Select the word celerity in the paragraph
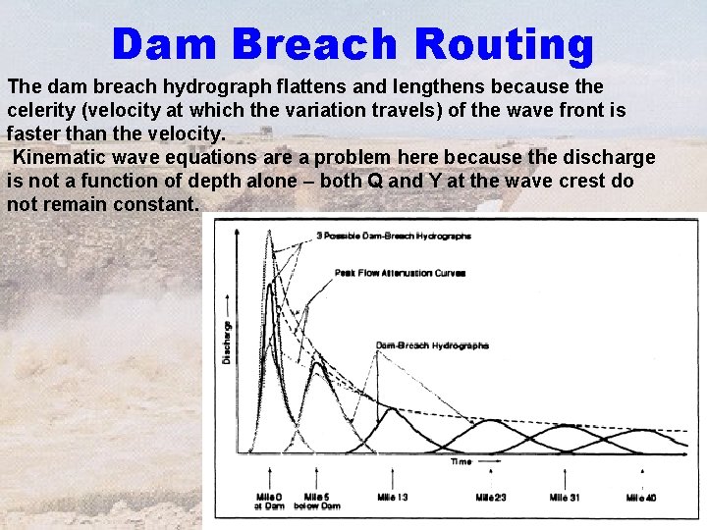[x=41, y=111]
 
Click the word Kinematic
[x=62, y=158]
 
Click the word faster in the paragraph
[x=31, y=134]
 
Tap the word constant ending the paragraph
[x=163, y=205]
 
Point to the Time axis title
[x=461, y=461]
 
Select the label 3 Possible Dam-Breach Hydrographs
[x=394, y=237]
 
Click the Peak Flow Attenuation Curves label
[x=386, y=273]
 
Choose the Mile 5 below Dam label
[x=321, y=502]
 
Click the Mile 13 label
[x=393, y=498]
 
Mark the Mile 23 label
[x=491, y=498]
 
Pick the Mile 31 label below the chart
[x=565, y=498]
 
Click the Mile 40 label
[x=641, y=498]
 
